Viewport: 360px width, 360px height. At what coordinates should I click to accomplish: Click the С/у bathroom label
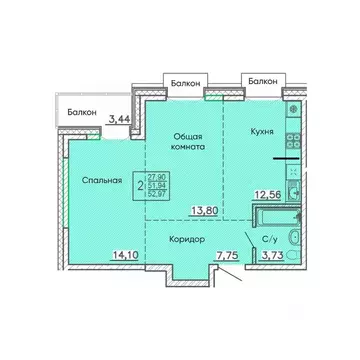(x=269, y=240)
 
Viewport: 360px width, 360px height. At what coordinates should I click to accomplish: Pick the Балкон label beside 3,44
(x=83, y=113)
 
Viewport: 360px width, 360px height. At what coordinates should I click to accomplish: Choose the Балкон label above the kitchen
(x=262, y=78)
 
